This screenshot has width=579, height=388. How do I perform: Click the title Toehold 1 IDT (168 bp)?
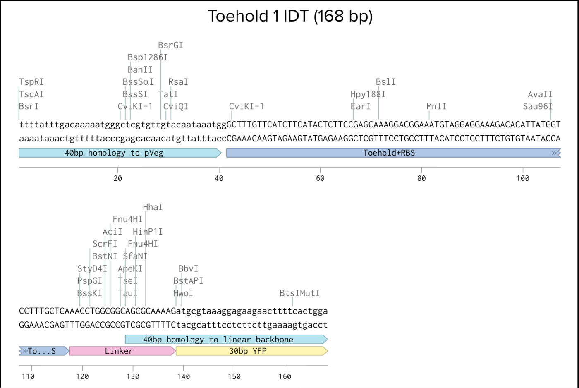[290, 17]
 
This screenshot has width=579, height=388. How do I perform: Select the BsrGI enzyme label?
[170, 45]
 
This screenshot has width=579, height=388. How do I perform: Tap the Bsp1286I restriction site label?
[148, 57]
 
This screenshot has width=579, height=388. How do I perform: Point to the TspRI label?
[31, 82]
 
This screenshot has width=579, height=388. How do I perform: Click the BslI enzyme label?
[385, 82]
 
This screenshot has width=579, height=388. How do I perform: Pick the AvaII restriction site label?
[540, 94]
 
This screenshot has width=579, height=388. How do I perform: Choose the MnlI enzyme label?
[436, 106]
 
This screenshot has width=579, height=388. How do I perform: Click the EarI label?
[361, 106]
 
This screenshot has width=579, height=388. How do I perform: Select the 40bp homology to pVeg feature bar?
[120, 153]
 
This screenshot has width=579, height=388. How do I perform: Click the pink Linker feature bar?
[122, 351]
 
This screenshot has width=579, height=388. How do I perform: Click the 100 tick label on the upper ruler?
[522, 178]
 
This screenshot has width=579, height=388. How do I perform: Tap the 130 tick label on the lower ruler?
[133, 376]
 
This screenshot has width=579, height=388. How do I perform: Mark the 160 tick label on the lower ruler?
[285, 376]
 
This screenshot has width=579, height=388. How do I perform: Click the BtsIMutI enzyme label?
[299, 293]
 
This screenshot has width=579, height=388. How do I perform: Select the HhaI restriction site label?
[153, 207]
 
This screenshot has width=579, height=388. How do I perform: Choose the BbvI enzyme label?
[188, 269]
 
